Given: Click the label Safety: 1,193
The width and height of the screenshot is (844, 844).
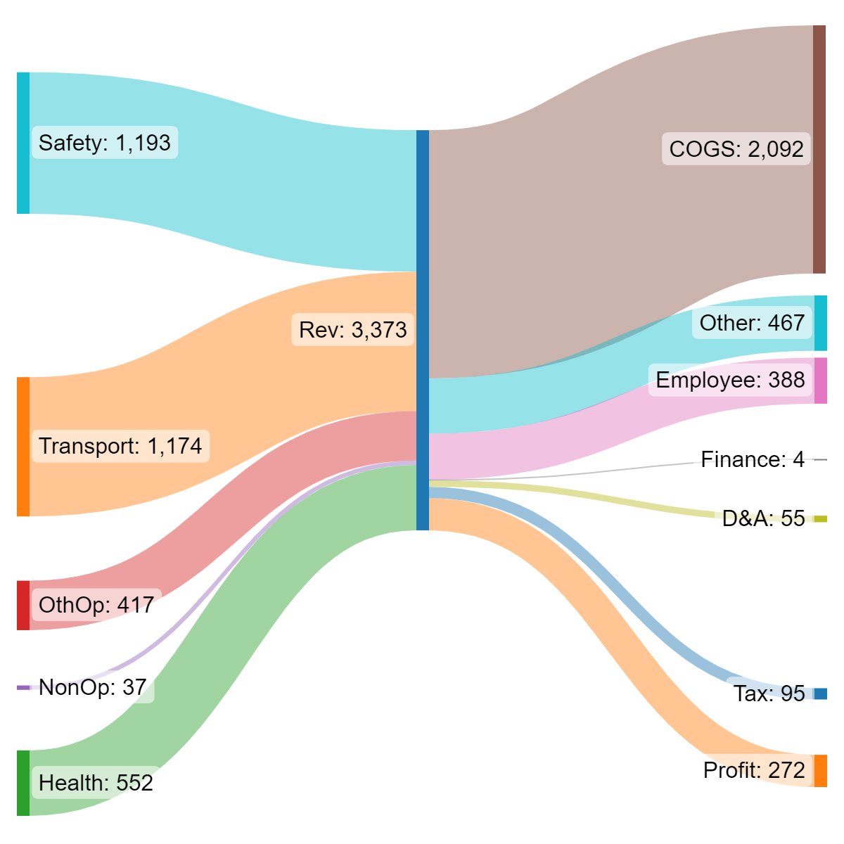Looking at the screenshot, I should click(x=105, y=143).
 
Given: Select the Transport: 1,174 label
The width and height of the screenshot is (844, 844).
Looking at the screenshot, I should click(x=120, y=446).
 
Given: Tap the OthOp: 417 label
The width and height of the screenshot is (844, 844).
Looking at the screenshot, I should click(x=96, y=605).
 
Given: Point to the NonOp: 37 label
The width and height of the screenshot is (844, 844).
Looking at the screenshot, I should click(x=93, y=687).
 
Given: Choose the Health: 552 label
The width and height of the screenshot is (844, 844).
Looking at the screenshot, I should click(x=96, y=783).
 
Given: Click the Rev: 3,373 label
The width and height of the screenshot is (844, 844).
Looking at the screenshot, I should click(x=352, y=330).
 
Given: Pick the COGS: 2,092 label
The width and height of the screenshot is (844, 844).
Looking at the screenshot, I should click(x=736, y=149).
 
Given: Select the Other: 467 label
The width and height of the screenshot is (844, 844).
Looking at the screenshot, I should click(x=752, y=323).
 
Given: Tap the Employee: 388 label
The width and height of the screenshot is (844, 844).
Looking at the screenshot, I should click(x=730, y=380).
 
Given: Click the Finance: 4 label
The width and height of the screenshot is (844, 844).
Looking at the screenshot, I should click(x=753, y=460).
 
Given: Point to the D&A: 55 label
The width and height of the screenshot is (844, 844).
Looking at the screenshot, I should click(x=763, y=518).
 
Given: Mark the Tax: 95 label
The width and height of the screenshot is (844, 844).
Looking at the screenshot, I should click(x=769, y=693).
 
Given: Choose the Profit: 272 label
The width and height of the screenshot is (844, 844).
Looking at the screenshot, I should click(x=754, y=770).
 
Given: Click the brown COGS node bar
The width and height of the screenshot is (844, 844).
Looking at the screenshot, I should click(x=819, y=149).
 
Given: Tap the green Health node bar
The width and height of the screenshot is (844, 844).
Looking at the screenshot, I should click(x=23, y=783).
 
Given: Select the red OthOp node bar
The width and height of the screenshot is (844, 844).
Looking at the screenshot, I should click(x=23, y=605).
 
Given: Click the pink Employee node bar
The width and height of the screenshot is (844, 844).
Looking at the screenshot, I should click(x=820, y=381).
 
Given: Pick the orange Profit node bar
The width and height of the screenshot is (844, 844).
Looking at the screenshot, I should click(x=820, y=771).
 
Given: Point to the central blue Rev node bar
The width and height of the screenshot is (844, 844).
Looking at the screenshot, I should click(x=422, y=330).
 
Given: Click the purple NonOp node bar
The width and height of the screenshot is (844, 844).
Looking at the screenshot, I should click(x=23, y=688).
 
